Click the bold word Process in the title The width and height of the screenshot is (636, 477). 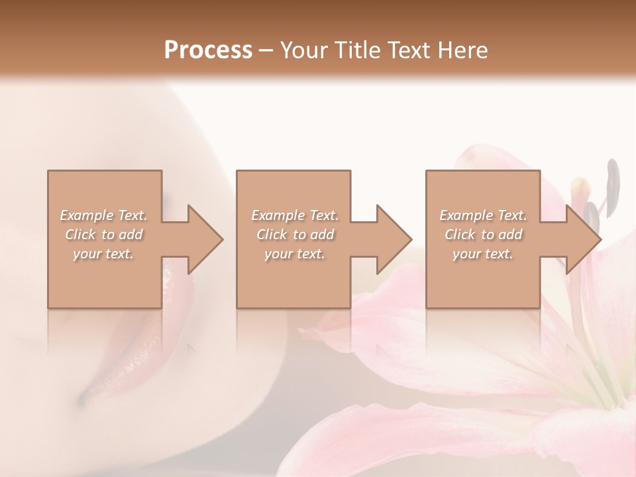coord(208,50)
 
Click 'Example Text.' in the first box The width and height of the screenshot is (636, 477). coord(103,215)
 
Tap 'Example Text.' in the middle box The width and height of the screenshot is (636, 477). coord(294,215)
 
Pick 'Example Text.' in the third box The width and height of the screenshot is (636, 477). coord(483,215)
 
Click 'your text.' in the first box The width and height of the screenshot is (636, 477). coord(103,254)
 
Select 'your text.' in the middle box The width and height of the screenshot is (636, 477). coord(294,254)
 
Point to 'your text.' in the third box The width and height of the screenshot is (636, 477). coord(483,254)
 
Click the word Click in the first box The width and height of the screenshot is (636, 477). coord(81,235)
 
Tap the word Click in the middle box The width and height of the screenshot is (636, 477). coord(272,235)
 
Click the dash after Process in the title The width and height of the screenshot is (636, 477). coord(266,50)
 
